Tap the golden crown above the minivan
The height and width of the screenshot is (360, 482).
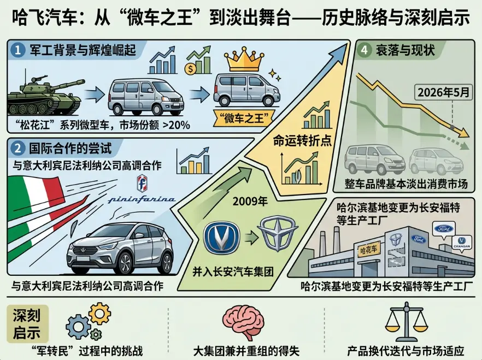pos(244,60)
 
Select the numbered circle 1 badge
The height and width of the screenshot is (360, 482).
pos(18,50)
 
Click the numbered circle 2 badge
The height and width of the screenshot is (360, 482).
pos(18,149)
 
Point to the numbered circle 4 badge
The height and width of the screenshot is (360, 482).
pos(364,50)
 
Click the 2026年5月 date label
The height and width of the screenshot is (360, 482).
pos(444,92)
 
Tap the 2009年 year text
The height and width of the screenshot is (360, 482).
pos(250,202)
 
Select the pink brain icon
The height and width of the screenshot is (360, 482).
pos(244,322)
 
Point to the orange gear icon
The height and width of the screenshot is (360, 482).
pos(99,314)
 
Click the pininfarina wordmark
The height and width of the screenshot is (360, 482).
pos(142,199)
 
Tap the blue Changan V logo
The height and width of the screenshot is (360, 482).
pos(222,237)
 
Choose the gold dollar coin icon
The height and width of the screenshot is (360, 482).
pos(190,69)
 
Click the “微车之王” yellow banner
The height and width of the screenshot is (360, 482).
pos(244,118)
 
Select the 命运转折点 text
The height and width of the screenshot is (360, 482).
pos(303,141)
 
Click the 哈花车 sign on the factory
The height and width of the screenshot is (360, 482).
pos(368,249)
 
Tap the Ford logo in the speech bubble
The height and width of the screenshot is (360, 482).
pos(444,229)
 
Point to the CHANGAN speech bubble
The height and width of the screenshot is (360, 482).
pos(462,243)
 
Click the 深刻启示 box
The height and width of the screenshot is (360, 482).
pos(27,323)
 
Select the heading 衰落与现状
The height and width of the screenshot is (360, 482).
pos(405,50)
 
